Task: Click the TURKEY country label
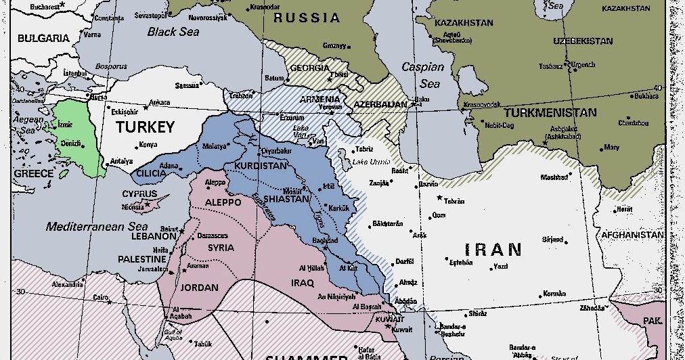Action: (x=145, y=127)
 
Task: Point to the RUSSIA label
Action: (x=306, y=18)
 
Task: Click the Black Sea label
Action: (x=173, y=32)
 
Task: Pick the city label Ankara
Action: (x=160, y=102)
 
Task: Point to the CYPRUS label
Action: (x=139, y=194)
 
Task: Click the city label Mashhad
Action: (x=554, y=177)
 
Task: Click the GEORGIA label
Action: (x=309, y=68)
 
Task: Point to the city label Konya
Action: (x=148, y=145)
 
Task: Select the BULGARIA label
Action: (x=43, y=39)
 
